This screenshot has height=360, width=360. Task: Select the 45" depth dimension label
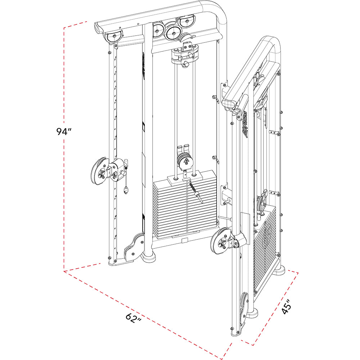tap(287, 306)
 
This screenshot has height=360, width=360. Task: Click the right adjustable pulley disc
tap(220, 241)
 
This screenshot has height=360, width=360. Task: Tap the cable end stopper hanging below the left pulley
tap(126, 191)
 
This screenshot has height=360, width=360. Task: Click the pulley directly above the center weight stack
tap(185, 161)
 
